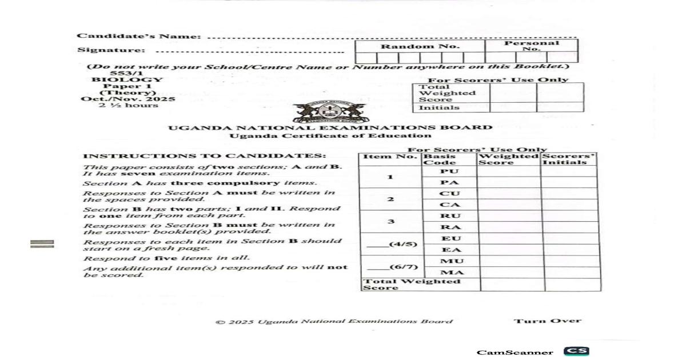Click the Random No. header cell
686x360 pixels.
click(x=420, y=46)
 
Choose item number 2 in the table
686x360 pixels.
click(x=390, y=199)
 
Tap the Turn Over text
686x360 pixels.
click(x=547, y=321)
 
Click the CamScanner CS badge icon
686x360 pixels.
click(x=576, y=351)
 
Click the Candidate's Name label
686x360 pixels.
click(x=139, y=37)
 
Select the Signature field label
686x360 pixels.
click(x=111, y=50)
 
